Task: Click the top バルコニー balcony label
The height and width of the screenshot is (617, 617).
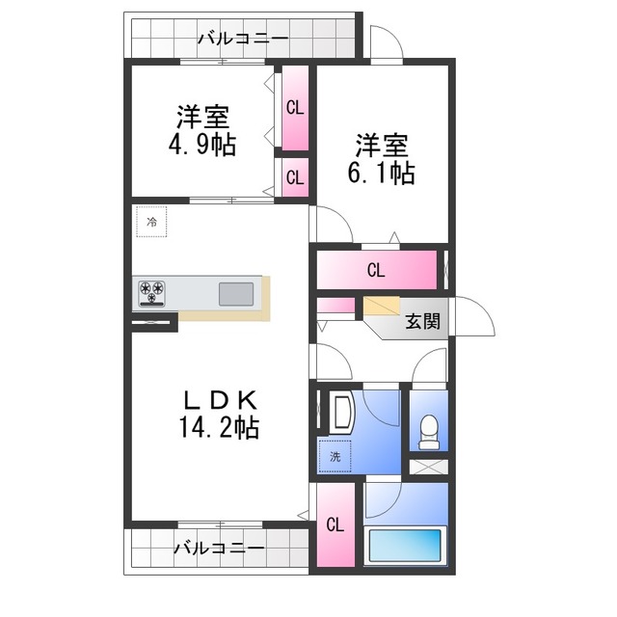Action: click(x=242, y=40)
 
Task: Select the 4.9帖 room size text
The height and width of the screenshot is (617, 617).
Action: click(x=201, y=145)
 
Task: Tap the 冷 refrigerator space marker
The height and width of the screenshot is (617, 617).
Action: click(x=150, y=223)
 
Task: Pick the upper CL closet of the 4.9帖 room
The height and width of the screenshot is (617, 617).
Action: click(x=294, y=108)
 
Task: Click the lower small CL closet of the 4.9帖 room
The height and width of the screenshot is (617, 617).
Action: click(x=294, y=177)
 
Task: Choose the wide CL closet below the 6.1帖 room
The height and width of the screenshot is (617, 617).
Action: click(x=376, y=271)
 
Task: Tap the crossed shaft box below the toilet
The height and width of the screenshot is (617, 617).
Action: click(x=429, y=467)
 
